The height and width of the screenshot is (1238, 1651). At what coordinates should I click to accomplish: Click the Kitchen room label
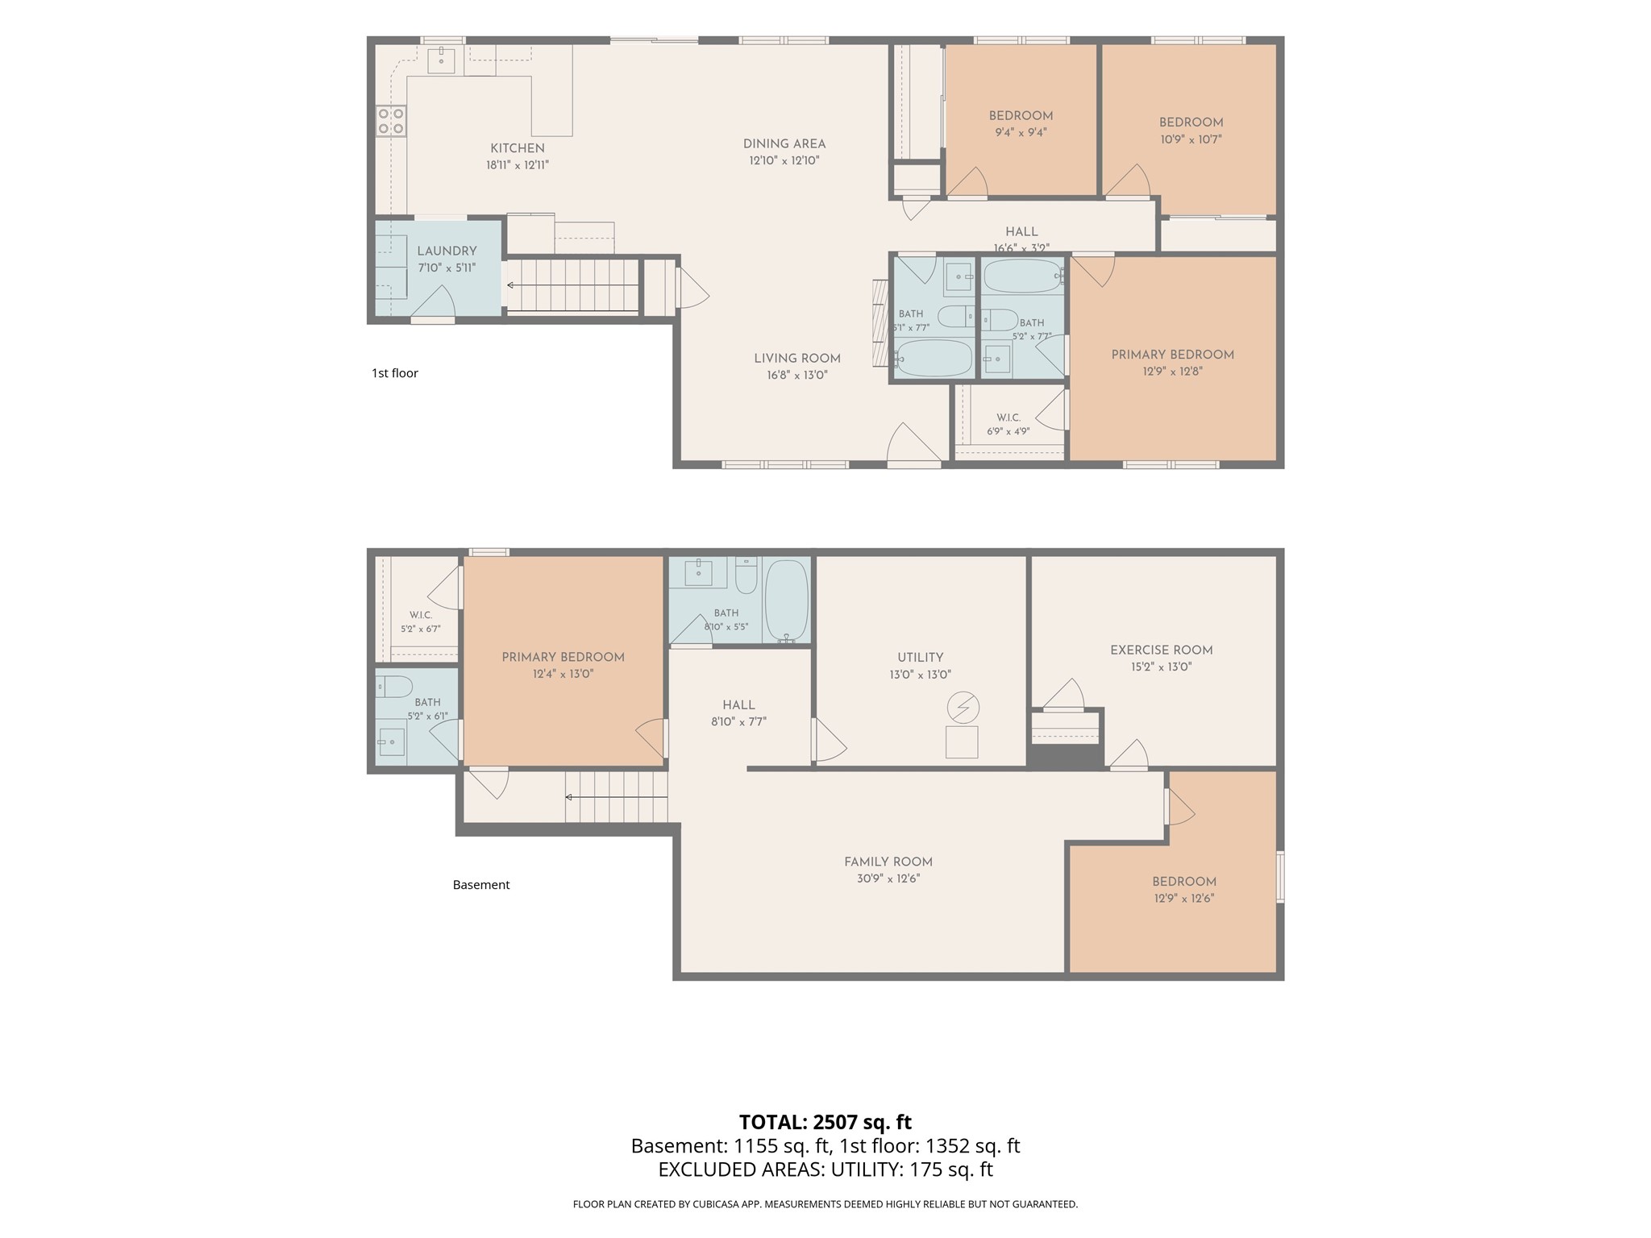(x=518, y=148)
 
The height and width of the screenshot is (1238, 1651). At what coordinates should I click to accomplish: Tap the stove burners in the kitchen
(x=391, y=121)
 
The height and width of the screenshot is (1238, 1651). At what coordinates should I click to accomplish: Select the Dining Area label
(x=784, y=144)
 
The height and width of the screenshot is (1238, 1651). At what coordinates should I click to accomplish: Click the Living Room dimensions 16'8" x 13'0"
(x=797, y=376)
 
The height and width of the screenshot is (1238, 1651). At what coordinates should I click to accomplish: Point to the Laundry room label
(x=447, y=251)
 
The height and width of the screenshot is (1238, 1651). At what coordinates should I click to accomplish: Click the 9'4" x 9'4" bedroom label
(x=1021, y=115)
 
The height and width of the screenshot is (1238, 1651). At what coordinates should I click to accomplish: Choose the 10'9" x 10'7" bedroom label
(x=1191, y=123)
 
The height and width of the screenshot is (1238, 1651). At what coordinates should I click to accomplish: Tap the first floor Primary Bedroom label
(x=1172, y=355)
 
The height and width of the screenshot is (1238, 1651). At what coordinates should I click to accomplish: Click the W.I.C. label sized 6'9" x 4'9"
(x=1008, y=418)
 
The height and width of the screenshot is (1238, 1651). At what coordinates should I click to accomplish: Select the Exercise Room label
(x=1161, y=650)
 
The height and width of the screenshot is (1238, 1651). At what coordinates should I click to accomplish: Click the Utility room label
(x=920, y=658)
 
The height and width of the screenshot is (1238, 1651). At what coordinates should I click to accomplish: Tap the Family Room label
(x=888, y=862)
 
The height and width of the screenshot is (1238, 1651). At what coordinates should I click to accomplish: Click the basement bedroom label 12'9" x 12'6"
(x=1183, y=882)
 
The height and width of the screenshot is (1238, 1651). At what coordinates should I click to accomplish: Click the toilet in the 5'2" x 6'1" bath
(x=394, y=687)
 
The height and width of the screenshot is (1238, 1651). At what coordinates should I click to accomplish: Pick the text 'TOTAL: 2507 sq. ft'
(x=825, y=1122)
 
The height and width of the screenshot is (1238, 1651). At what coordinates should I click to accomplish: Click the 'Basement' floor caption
(x=481, y=885)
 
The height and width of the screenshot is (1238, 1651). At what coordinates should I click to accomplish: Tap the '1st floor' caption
(x=395, y=373)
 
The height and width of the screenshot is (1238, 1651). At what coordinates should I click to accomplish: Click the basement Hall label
(x=738, y=705)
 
